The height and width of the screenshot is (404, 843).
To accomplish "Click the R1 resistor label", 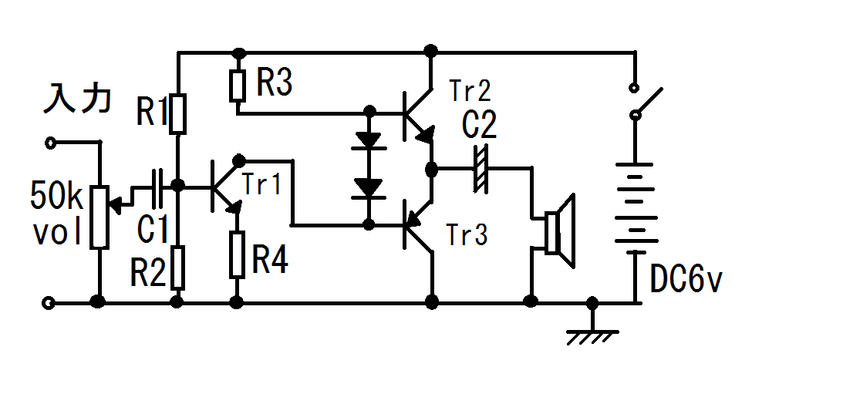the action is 152,112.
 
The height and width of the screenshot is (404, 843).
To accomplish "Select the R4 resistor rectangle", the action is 237,254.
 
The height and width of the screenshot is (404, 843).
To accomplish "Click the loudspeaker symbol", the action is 559,231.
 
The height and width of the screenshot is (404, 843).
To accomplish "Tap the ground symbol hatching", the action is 592,338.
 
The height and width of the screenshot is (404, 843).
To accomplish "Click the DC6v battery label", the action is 686,279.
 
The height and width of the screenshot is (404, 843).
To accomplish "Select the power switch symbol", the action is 645,101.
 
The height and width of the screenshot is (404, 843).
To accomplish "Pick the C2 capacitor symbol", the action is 480,168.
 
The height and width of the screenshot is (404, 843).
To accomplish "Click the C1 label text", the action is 153,228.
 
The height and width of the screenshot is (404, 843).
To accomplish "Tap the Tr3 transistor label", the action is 467,235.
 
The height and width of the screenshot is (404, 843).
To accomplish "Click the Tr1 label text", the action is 261,185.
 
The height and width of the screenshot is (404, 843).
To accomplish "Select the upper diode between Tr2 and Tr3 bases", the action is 369,140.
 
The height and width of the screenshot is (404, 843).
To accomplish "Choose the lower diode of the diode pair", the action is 369,189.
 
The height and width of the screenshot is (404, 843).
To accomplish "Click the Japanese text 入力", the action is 77,99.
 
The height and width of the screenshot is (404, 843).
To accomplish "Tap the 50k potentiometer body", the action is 99,217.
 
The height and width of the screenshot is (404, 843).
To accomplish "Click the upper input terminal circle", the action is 50,143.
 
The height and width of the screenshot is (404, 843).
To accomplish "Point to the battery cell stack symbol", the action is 635,207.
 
